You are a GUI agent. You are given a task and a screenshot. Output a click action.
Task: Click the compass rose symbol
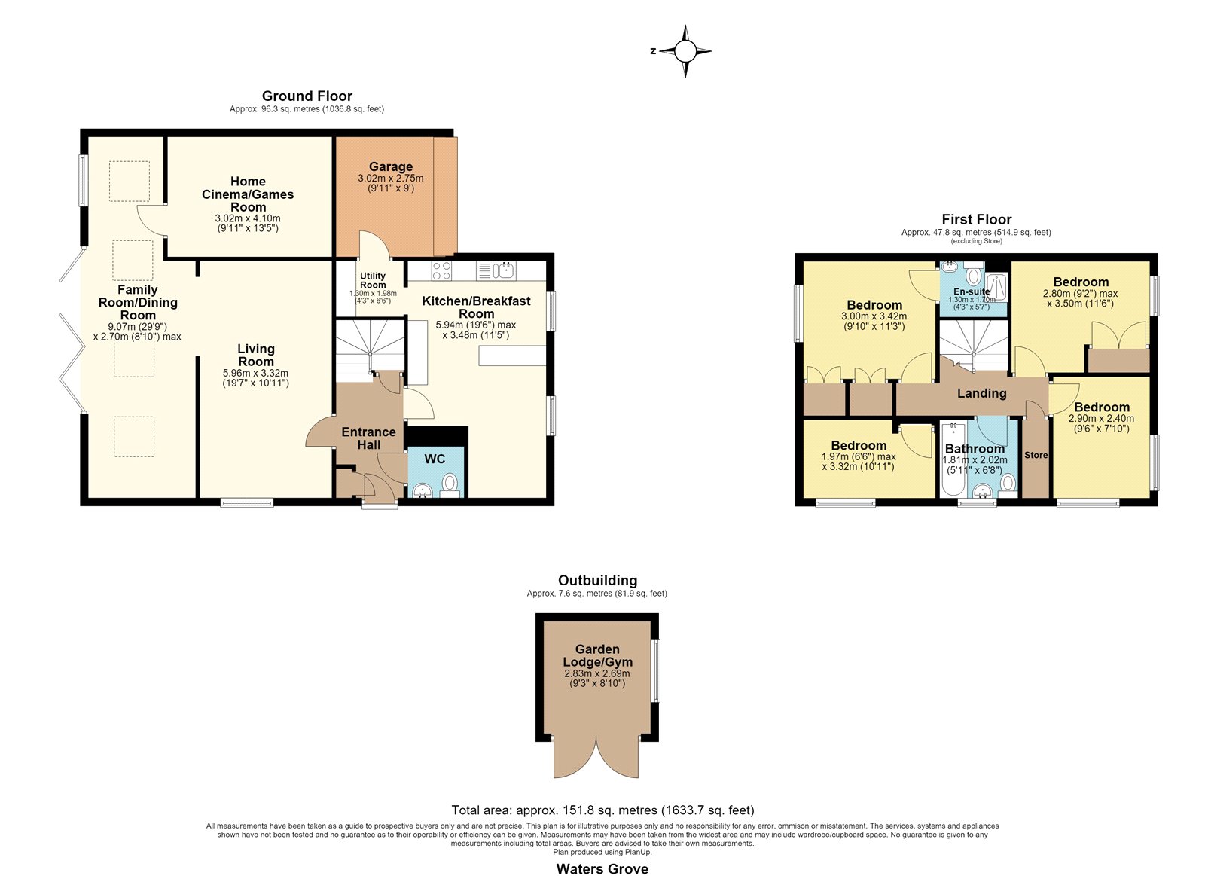click(685, 52)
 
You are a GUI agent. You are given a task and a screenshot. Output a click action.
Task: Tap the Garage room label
click(391, 166)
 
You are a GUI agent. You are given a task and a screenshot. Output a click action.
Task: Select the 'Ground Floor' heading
click(307, 96)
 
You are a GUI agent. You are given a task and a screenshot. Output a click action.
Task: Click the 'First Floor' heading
click(976, 219)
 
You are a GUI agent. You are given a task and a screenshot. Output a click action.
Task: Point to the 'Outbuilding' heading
click(598, 581)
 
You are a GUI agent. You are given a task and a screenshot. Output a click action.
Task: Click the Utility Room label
click(373, 280)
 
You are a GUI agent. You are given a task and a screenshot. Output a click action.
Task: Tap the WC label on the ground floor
click(435, 459)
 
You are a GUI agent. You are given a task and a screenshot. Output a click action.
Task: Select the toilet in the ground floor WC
click(450, 485)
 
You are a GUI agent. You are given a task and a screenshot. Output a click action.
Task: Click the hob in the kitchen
click(441, 270)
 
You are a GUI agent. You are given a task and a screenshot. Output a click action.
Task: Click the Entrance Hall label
click(368, 438)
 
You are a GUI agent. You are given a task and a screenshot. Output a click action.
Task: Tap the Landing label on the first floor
click(982, 393)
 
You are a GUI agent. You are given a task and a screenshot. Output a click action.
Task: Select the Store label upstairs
click(1036, 455)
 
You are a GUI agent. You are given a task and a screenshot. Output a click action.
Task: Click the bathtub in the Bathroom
click(953, 459)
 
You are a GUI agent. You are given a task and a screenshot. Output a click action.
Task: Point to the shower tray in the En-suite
click(996, 288)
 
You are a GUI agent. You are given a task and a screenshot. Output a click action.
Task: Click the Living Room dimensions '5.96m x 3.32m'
click(255, 374)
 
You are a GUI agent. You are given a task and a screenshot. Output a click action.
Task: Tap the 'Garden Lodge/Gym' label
click(597, 656)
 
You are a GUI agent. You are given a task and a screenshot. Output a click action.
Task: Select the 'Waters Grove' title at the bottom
click(602, 869)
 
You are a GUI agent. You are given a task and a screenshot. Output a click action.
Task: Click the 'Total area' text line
click(602, 810)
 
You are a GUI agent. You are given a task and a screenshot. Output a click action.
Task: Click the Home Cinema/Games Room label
click(248, 194)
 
